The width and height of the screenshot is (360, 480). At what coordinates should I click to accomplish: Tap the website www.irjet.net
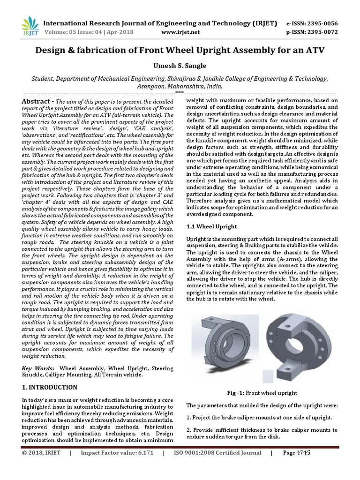pyautogui.click(x=180, y=32)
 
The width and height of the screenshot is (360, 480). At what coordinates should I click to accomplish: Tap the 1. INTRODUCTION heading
pyautogui.click(x=50, y=387)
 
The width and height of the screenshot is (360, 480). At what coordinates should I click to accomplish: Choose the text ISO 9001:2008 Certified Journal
pyautogui.click(x=217, y=466)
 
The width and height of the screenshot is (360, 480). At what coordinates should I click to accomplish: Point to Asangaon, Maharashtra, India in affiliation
pyautogui.click(x=180, y=87)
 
